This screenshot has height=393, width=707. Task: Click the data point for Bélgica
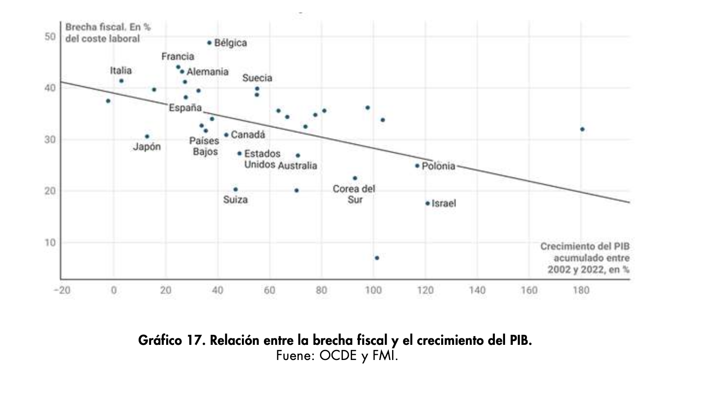click(x=209, y=43)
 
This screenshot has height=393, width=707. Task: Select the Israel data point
click(x=427, y=203)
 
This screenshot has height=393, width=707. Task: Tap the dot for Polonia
click(x=417, y=166)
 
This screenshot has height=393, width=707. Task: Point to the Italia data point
click(x=121, y=81)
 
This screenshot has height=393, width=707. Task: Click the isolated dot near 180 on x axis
click(x=582, y=129)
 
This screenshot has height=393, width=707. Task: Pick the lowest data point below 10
click(x=377, y=258)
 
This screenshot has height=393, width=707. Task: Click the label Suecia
click(x=257, y=78)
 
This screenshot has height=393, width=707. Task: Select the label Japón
click(x=147, y=147)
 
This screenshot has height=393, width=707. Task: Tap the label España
click(x=185, y=108)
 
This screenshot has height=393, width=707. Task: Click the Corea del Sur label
click(x=354, y=194)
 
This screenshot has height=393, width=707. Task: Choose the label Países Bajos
click(x=205, y=146)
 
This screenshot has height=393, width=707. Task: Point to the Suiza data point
click(x=236, y=189)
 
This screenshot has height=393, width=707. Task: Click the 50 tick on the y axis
click(x=50, y=37)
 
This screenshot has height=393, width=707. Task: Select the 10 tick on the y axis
click(x=50, y=243)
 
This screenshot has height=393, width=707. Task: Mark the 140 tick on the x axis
click(x=477, y=290)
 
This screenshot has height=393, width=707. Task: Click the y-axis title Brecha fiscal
click(x=108, y=33)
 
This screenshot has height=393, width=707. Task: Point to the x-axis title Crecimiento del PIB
click(x=585, y=258)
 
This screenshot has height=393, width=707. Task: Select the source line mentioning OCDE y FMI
click(x=337, y=355)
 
